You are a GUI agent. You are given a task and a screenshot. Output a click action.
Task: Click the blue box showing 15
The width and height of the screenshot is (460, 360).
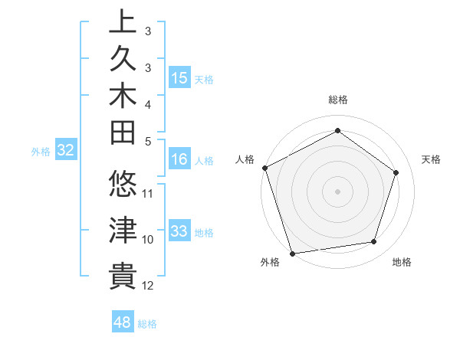click(x=179, y=78)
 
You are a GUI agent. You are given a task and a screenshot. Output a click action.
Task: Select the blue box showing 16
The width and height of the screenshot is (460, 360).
click(x=179, y=160)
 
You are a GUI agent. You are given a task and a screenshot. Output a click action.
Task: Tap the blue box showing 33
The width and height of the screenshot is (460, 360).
click(x=179, y=232)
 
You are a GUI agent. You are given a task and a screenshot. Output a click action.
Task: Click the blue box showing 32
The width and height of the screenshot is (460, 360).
click(x=65, y=151)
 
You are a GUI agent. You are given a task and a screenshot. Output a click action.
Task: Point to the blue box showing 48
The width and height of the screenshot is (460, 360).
click(x=122, y=322)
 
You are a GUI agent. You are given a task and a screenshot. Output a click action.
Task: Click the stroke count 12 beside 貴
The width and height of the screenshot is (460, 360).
click(x=148, y=286)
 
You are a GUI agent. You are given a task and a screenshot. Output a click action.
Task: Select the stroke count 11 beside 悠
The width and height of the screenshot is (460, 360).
click(x=148, y=193)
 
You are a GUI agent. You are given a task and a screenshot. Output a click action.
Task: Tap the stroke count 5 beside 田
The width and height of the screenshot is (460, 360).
click(x=148, y=141)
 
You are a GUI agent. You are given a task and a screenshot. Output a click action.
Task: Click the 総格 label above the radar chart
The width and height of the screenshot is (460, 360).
click(x=337, y=100)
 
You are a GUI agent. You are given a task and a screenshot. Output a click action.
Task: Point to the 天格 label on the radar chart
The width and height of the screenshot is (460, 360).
click(x=432, y=159)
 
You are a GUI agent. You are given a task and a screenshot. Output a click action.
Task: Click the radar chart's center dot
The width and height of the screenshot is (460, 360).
click(x=337, y=191)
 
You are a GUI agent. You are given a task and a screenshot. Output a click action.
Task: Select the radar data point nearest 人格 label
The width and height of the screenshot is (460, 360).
click(x=264, y=167)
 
